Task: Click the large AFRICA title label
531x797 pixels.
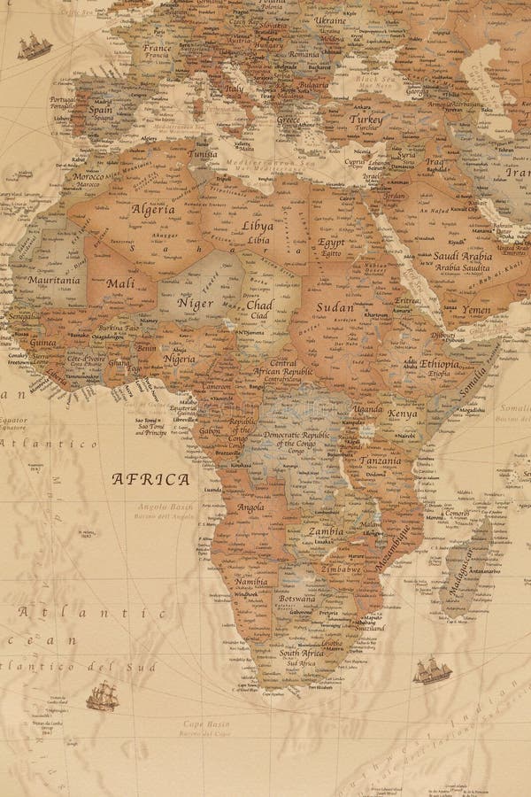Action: point(150,479)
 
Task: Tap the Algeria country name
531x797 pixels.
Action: point(153,210)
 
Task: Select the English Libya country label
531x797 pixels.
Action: point(258,226)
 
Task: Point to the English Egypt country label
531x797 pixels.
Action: point(331,242)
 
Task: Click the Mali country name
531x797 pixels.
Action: point(120,283)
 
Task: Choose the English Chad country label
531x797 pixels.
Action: point(259,304)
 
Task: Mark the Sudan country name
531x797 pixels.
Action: point(335,308)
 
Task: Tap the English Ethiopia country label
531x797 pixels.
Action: point(440,363)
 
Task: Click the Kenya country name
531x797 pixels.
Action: point(403,414)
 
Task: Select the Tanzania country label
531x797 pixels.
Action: point(380,460)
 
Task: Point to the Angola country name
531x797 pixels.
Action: point(250,507)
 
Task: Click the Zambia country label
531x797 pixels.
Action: point(326,531)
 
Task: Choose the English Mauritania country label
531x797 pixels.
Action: point(53,280)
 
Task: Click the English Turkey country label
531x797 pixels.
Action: point(366,119)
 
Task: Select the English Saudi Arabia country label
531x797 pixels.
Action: point(462,256)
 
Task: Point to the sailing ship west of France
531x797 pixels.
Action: point(34,45)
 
